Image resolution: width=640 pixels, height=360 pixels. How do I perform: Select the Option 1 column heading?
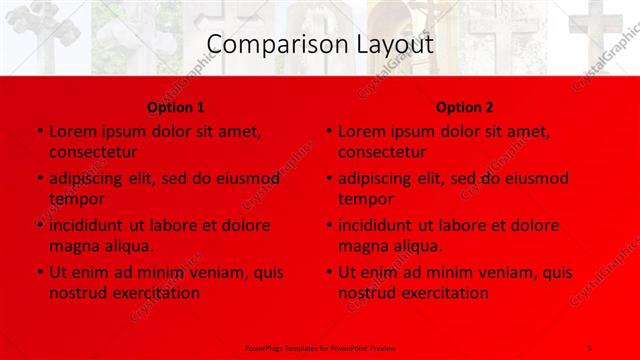[x=176, y=107]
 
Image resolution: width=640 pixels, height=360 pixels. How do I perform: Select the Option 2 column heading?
[x=465, y=107]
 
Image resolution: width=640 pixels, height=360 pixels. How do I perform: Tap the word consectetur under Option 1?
[x=93, y=152]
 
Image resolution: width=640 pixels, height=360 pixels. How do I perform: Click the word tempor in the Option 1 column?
[x=77, y=199]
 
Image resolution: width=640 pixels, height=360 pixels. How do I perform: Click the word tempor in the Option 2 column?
[x=366, y=199]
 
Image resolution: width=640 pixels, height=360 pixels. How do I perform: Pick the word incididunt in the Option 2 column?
[x=382, y=226]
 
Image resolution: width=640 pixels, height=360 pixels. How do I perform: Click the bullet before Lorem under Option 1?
[x=38, y=132]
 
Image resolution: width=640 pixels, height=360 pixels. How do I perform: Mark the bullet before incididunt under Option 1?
[x=38, y=226]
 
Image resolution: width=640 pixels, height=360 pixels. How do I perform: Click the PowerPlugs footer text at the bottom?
[x=320, y=348]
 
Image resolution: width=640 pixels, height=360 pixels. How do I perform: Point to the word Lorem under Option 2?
[x=363, y=132]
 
